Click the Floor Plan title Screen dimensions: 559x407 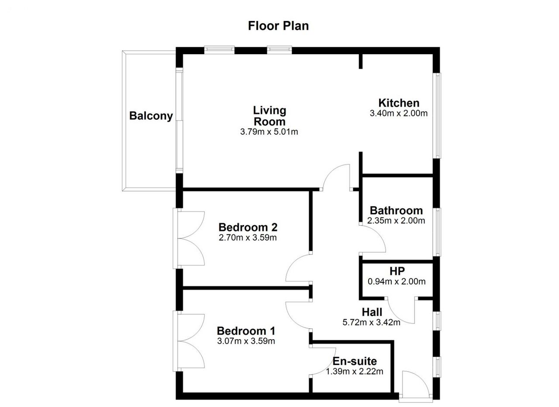tap(278, 26)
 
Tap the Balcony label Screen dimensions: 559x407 tap(151, 116)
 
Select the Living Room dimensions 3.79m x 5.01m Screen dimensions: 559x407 tap(269, 132)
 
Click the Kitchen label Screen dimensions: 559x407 tap(399, 103)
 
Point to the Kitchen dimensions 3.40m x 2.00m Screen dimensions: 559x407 tap(399, 113)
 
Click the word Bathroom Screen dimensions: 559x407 tap(396, 211)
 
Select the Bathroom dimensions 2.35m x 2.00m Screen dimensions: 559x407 tap(396, 221)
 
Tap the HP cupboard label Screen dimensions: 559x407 tap(397, 271)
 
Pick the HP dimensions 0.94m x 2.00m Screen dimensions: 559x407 tap(397, 282)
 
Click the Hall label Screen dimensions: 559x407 tap(372, 312)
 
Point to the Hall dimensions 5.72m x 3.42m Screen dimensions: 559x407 tap(371, 322)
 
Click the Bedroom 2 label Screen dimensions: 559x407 tap(248, 227)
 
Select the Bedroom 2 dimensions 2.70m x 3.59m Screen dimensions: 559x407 tap(248, 238)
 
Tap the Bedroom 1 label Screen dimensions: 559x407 tap(246, 331)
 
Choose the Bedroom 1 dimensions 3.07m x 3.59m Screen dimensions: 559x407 tap(246, 341)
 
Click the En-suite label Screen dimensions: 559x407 tap(355, 361)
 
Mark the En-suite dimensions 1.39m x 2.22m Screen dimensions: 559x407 tap(354, 372)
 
